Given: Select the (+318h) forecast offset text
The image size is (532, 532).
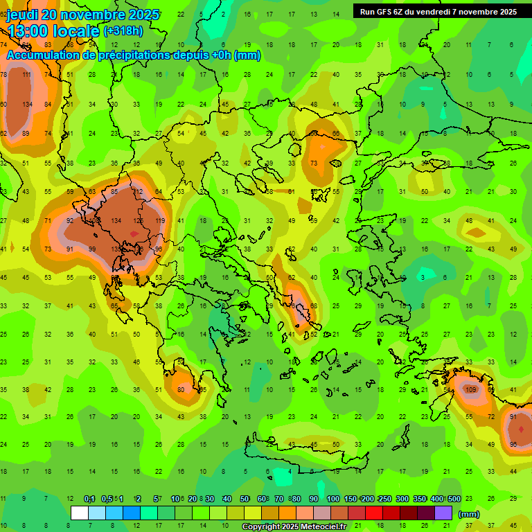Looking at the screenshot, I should click(x=123, y=30).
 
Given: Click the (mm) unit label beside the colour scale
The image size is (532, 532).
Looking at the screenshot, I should click(x=469, y=514).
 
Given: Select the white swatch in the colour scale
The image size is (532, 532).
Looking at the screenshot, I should click(x=80, y=513).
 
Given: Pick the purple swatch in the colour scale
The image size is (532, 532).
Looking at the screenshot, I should click(x=443, y=513).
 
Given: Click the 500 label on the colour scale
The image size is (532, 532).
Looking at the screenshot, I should click(x=454, y=499).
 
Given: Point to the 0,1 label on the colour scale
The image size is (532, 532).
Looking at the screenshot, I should click(x=89, y=499).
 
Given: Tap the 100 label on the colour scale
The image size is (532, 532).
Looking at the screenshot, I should click(x=332, y=499).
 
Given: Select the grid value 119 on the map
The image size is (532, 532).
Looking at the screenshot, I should click(x=160, y=221).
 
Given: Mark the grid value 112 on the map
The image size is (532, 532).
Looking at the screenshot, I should click(x=137, y=192).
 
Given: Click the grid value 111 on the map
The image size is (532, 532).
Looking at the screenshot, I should click(x=26, y=75).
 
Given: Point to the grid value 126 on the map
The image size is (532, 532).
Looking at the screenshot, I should click(x=139, y=221).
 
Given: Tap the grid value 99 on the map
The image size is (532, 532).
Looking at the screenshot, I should click(x=93, y=249).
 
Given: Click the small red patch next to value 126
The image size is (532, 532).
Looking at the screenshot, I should click(x=134, y=234).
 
